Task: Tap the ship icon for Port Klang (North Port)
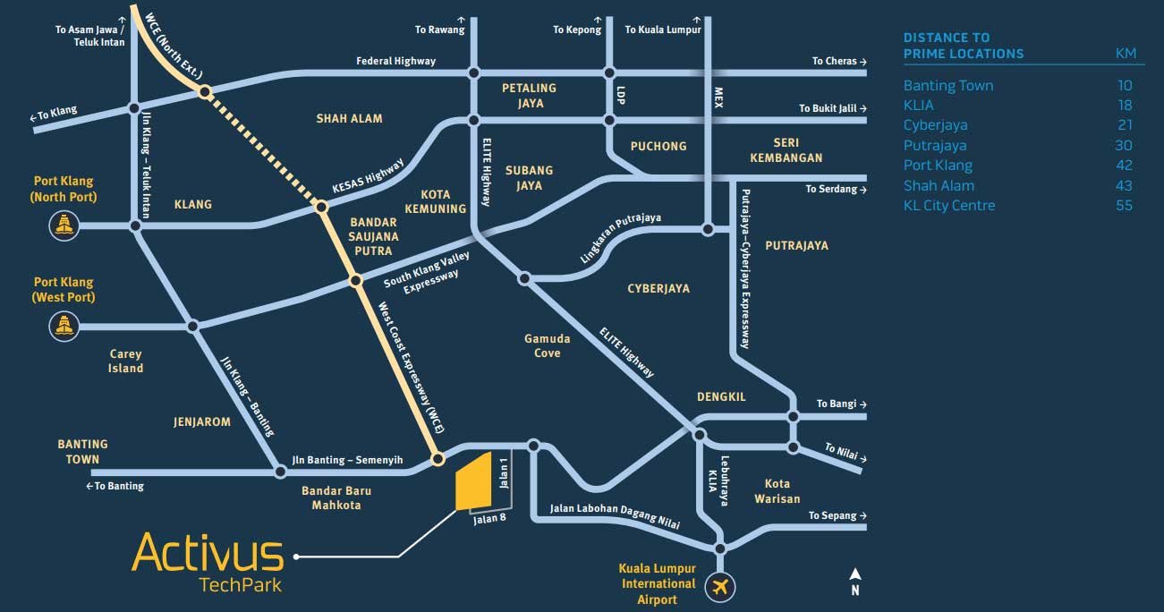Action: click(64, 225)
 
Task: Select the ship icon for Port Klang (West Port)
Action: click(64, 327)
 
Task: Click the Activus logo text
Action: click(208, 553)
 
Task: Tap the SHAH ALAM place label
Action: click(349, 118)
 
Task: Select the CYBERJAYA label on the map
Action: click(658, 289)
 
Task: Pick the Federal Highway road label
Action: click(395, 61)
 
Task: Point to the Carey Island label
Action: click(125, 361)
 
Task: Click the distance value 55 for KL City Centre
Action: click(1124, 206)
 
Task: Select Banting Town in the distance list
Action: click(948, 86)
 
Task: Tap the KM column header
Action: click(1126, 54)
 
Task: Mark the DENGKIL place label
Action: click(721, 396)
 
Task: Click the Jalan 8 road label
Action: click(490, 518)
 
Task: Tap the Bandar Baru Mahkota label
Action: click(336, 497)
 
